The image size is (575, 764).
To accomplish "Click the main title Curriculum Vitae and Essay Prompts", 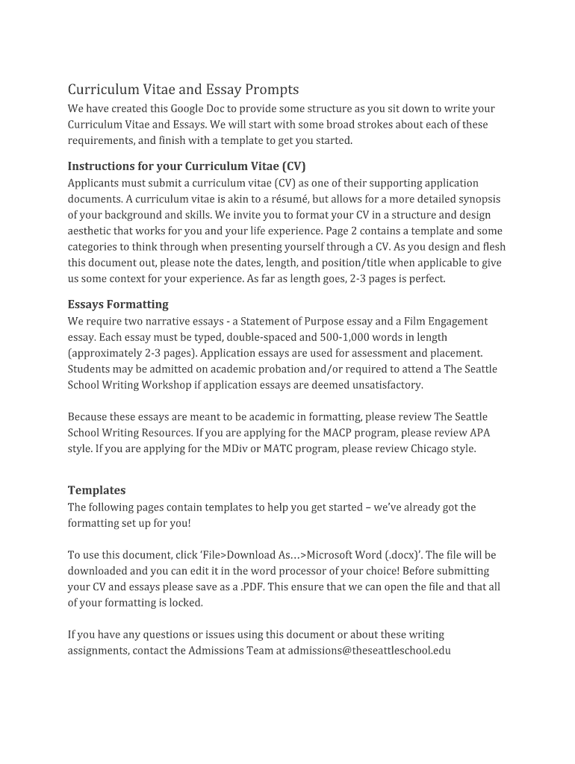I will click(x=183, y=90).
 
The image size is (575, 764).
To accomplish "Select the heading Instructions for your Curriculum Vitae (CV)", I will click(x=187, y=166).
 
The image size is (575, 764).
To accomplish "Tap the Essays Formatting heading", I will click(x=118, y=304).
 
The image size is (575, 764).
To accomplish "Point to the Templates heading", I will click(x=96, y=490).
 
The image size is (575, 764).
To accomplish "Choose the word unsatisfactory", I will click(x=386, y=385).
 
